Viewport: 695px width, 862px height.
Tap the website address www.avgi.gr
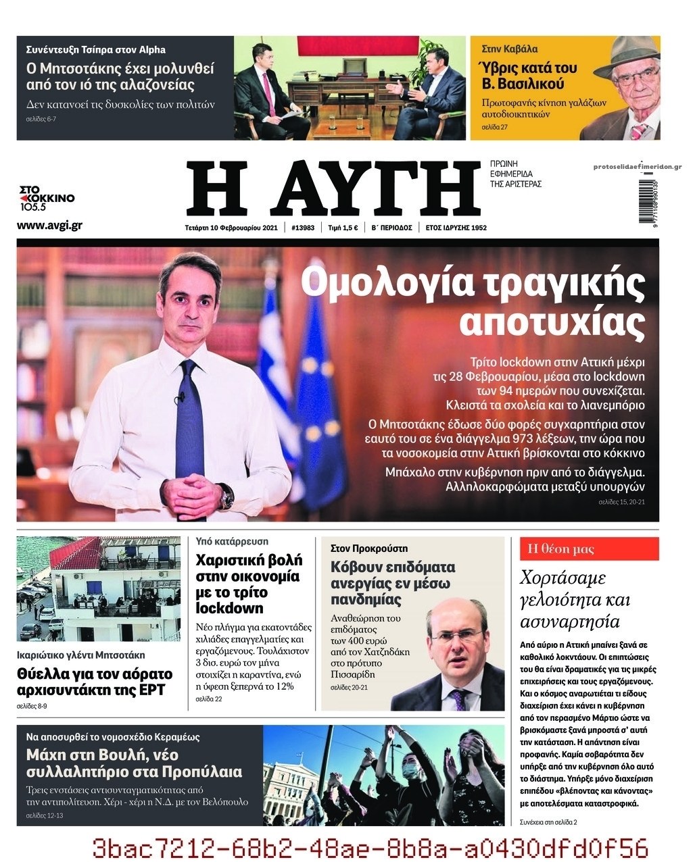(49, 226)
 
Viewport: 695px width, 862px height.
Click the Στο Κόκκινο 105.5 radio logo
(46, 199)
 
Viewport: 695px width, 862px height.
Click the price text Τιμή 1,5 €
(343, 228)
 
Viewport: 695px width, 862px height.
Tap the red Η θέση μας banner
(588, 549)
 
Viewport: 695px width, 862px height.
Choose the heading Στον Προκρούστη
(369, 549)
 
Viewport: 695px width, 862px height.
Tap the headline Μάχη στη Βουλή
(102, 755)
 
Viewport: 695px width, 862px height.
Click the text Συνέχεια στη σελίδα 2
(548, 821)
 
